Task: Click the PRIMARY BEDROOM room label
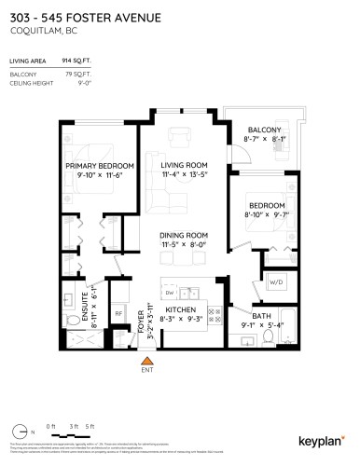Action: (100, 167)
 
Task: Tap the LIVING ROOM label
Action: (183, 165)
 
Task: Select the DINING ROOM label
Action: (183, 236)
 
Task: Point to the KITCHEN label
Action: (179, 308)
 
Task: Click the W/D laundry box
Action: (276, 281)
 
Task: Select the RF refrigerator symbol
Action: (118, 314)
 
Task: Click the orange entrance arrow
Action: (145, 359)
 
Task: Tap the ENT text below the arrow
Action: (145, 370)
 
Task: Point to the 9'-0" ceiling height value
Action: (93, 81)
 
